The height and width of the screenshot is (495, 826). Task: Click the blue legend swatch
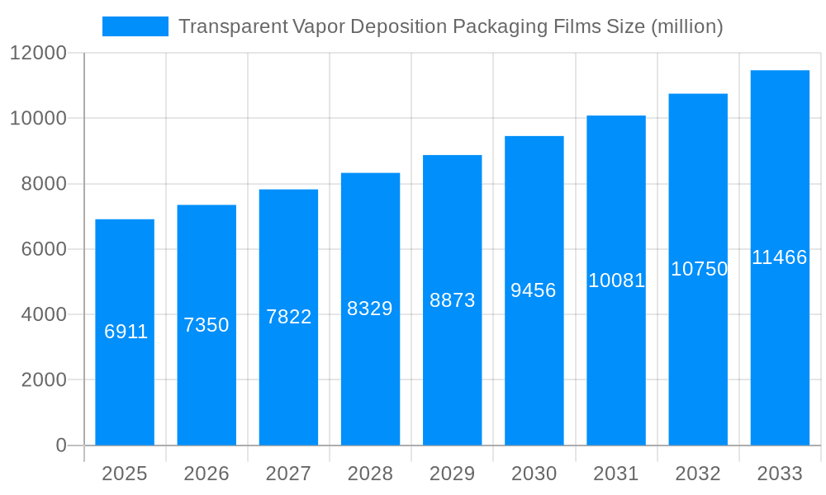[x=135, y=26]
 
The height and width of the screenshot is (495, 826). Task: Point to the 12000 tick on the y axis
[x=38, y=54]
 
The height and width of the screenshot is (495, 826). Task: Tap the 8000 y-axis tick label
[x=43, y=184]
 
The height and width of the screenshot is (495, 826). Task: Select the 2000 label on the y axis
[x=43, y=380]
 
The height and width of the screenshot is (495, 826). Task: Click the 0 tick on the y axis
[x=61, y=445]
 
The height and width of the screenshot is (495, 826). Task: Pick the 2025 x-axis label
[x=125, y=474]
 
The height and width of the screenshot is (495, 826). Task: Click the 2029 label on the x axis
[x=452, y=474]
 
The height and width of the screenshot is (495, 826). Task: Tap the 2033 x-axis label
[x=780, y=474]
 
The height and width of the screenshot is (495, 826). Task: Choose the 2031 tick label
[x=616, y=474]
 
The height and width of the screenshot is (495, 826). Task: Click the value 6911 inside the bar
[x=126, y=332]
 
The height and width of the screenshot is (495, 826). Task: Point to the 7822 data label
[x=288, y=317]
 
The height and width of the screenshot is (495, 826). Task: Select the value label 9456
[x=534, y=290]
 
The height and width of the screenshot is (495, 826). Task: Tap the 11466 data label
[x=779, y=257]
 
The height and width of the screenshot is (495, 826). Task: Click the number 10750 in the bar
[x=699, y=269]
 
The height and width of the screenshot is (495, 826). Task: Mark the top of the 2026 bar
[x=206, y=205]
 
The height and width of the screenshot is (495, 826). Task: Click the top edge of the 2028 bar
[x=370, y=173]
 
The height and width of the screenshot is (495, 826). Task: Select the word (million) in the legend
[x=687, y=26]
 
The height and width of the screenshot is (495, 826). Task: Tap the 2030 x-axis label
[x=534, y=474]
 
